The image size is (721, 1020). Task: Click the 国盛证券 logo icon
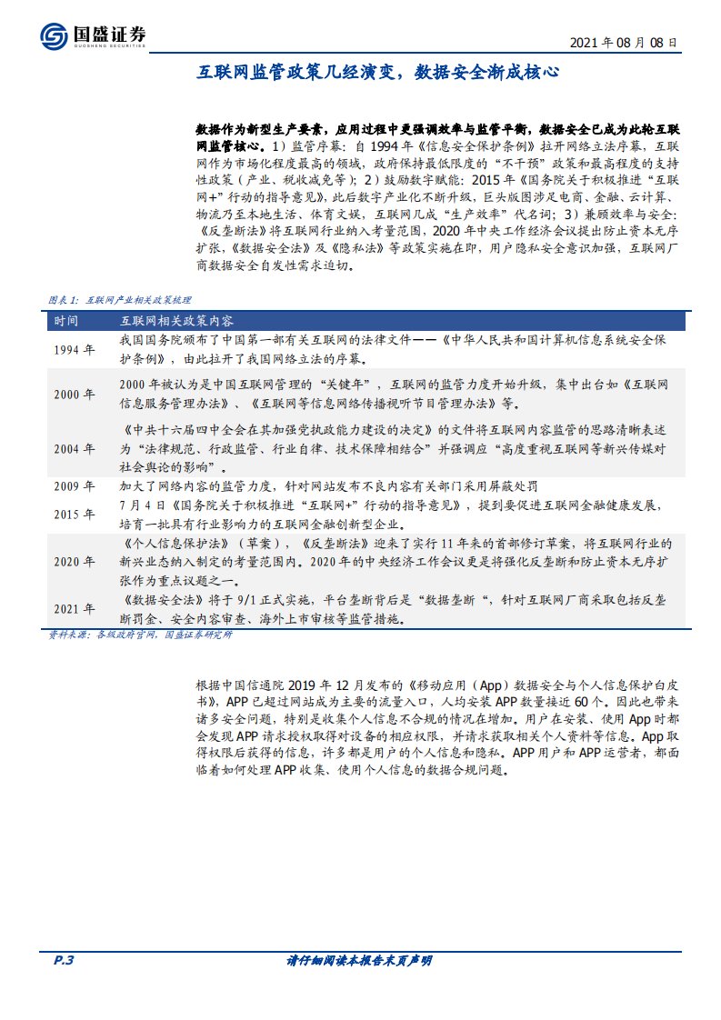[53, 35]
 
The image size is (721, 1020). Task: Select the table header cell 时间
[65, 322]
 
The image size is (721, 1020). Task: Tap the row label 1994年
[73, 350]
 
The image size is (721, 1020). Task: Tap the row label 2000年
[73, 395]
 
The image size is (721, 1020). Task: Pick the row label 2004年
[73, 449]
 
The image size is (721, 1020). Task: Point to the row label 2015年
[73, 515]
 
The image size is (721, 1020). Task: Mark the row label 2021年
[73, 608]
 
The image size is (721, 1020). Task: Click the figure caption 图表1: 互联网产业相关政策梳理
[117, 299]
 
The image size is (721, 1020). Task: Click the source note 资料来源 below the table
[136, 635]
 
